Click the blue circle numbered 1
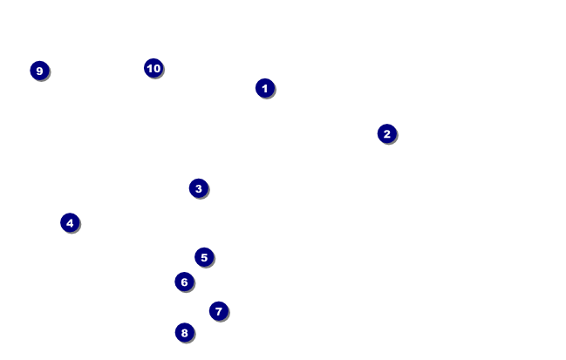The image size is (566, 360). [265, 88]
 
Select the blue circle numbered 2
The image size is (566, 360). [387, 133]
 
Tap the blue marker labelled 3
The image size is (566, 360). [199, 188]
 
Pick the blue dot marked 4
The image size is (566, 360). [70, 222]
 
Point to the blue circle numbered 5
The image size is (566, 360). [204, 257]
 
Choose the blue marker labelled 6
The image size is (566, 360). [184, 282]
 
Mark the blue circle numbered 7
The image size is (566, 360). [219, 311]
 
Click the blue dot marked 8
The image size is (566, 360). [184, 332]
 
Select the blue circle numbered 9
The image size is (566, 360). [39, 71]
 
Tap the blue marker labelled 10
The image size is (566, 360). [153, 68]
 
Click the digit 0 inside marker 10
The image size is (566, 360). [157, 68]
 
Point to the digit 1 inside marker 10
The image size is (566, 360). [149, 68]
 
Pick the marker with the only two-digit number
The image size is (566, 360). [153, 68]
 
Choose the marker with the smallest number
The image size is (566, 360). [265, 88]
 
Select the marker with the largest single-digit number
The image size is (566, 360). [39, 71]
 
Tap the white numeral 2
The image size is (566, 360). [387, 133]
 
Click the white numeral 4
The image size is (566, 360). [70, 222]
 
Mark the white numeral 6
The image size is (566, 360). [184, 282]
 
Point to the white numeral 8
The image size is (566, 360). [184, 332]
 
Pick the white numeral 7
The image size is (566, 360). [219, 311]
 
